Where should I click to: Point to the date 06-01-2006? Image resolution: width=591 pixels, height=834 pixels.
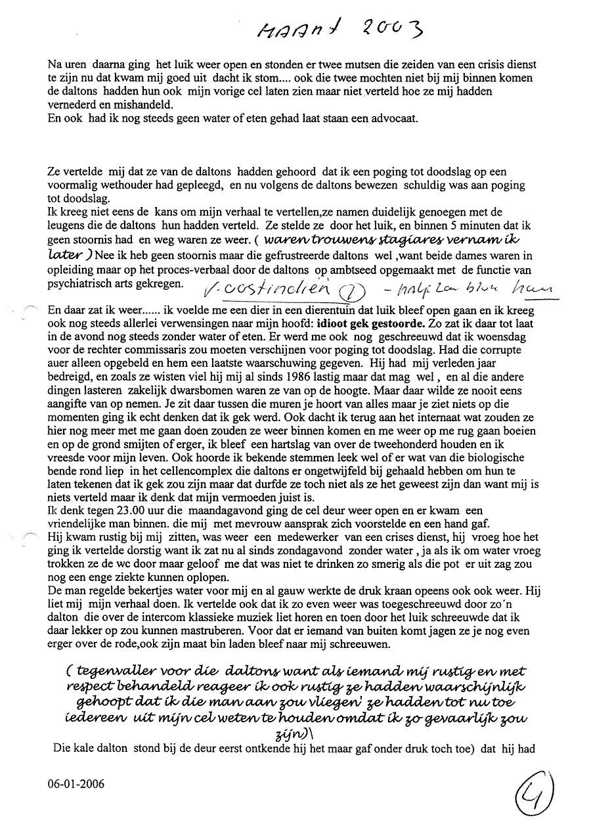coord(76,783)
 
